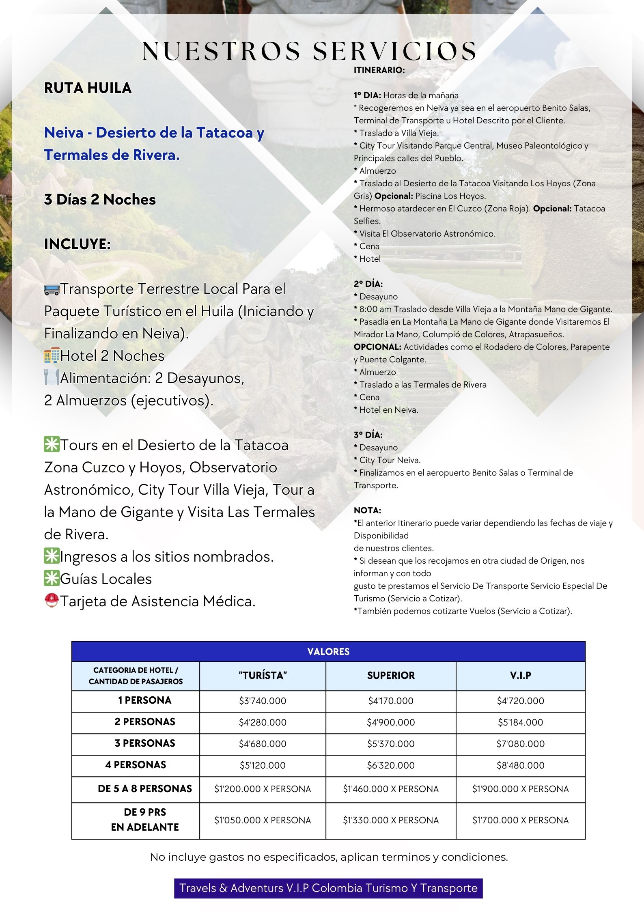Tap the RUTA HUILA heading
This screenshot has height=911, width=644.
pos(88,88)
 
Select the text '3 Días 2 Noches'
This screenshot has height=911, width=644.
pos(100,200)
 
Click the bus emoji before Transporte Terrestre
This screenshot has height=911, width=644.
pos(52,290)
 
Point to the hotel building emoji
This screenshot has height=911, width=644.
pos(52,356)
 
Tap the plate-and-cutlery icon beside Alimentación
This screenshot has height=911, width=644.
pos(52,378)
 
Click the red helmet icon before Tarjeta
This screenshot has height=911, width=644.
pos(52,601)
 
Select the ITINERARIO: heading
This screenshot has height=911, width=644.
pos(379,70)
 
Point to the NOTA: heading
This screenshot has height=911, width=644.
pos(367,510)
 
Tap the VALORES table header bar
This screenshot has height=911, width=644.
pos(328,651)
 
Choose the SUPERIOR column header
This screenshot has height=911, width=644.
pos(391,676)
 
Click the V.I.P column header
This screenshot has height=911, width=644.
pos(520,676)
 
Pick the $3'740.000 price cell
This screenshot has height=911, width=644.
pos(263,701)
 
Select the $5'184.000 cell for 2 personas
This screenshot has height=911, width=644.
pos(520,722)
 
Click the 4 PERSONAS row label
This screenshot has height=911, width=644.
pos(136,765)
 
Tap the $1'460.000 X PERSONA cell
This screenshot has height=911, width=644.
pos(391,789)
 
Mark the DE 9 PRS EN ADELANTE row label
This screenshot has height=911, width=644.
pos(144,820)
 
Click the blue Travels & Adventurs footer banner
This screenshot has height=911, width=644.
pos(328,888)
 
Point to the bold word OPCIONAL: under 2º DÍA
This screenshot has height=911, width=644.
pos(377,347)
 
